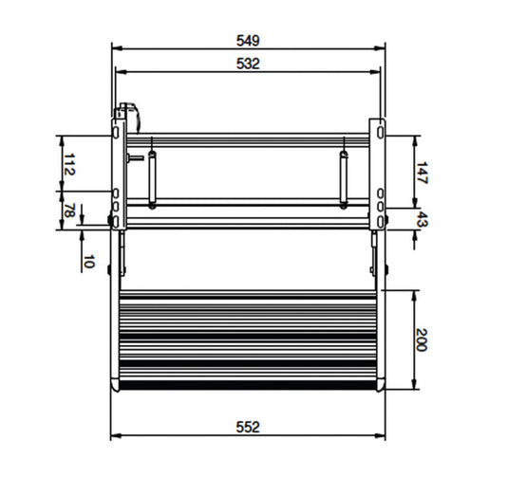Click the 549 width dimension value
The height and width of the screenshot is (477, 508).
(248, 41)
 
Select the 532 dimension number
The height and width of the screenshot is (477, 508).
(248, 64)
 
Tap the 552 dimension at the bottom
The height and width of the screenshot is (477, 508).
(248, 427)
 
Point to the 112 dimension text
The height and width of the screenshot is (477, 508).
(69, 164)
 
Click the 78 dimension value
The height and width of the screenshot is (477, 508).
(68, 211)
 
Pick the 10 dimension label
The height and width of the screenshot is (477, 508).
(88, 262)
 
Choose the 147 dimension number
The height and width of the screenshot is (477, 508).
(422, 174)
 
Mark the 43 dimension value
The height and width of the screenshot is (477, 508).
(422, 219)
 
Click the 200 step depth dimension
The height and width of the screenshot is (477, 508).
(422, 339)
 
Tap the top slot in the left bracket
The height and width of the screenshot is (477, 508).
(116, 132)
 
